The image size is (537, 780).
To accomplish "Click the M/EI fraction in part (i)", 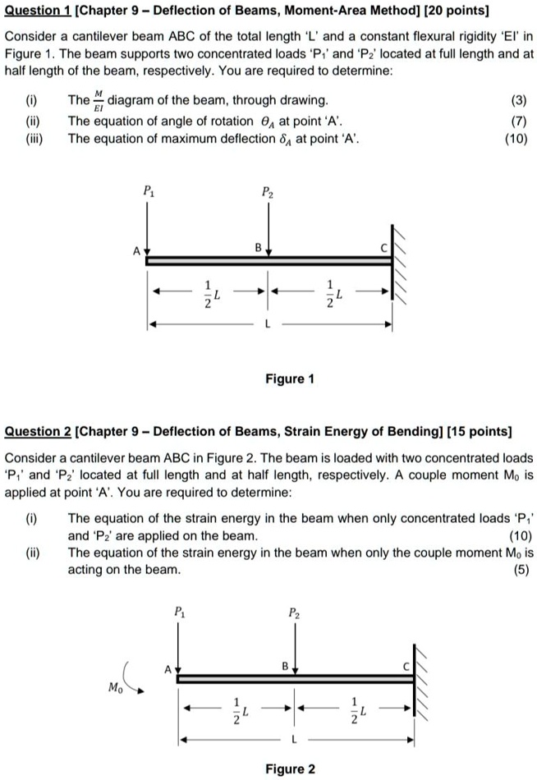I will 99,102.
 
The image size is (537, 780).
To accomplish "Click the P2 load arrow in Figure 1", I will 268,226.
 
